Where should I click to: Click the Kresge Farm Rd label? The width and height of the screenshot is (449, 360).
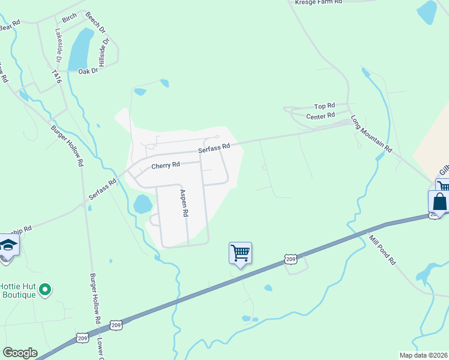[318, 2]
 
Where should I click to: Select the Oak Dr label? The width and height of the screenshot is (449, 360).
[88, 71]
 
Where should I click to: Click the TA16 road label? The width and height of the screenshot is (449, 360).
[56, 77]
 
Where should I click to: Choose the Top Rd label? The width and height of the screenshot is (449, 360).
[324, 106]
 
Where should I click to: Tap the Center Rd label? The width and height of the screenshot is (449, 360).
[320, 116]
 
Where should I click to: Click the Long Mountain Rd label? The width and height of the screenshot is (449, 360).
[371, 133]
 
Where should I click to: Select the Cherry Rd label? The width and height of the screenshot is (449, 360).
[166, 165]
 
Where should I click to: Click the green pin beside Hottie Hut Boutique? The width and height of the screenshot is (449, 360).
[45, 291]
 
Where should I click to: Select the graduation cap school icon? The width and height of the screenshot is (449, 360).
[9, 245]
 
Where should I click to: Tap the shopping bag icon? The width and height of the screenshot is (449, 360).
[439, 202]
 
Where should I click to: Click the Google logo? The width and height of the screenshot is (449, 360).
[20, 353]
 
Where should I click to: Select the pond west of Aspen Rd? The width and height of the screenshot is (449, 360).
[143, 204]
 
